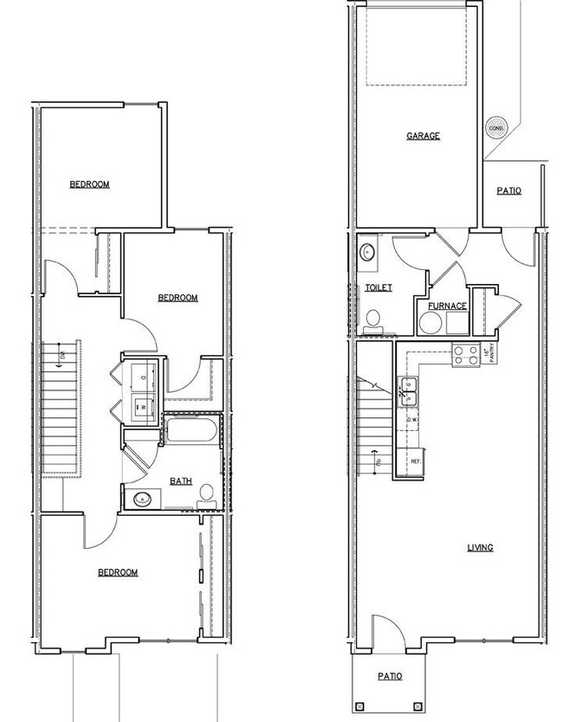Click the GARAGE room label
coord(424,136)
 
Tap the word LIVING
coord(480,547)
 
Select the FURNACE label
coord(447,306)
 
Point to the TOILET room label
coord(379,288)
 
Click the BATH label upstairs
coord(181,481)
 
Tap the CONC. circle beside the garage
coord(497,127)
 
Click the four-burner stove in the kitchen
coord(466,353)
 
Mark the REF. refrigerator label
coord(416,461)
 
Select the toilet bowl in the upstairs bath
coord(206,494)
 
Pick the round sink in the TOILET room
coord(366,253)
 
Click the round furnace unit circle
coord(430,325)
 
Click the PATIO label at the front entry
coord(390,676)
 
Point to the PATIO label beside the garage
coord(508,190)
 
